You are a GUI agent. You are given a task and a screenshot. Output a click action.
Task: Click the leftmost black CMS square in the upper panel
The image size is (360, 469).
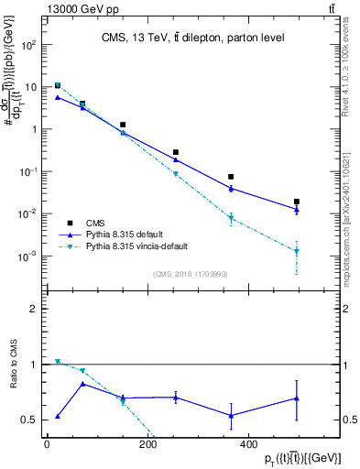pos(58,85)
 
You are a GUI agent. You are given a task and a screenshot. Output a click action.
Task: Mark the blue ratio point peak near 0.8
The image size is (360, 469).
pos(82,384)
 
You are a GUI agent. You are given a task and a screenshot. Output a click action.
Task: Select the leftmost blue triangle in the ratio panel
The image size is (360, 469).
pos(58,416)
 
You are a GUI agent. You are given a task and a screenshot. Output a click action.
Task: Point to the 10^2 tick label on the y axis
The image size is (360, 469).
pos(29,44)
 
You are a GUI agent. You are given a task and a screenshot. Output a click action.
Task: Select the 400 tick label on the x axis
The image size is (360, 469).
pos(247,444)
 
